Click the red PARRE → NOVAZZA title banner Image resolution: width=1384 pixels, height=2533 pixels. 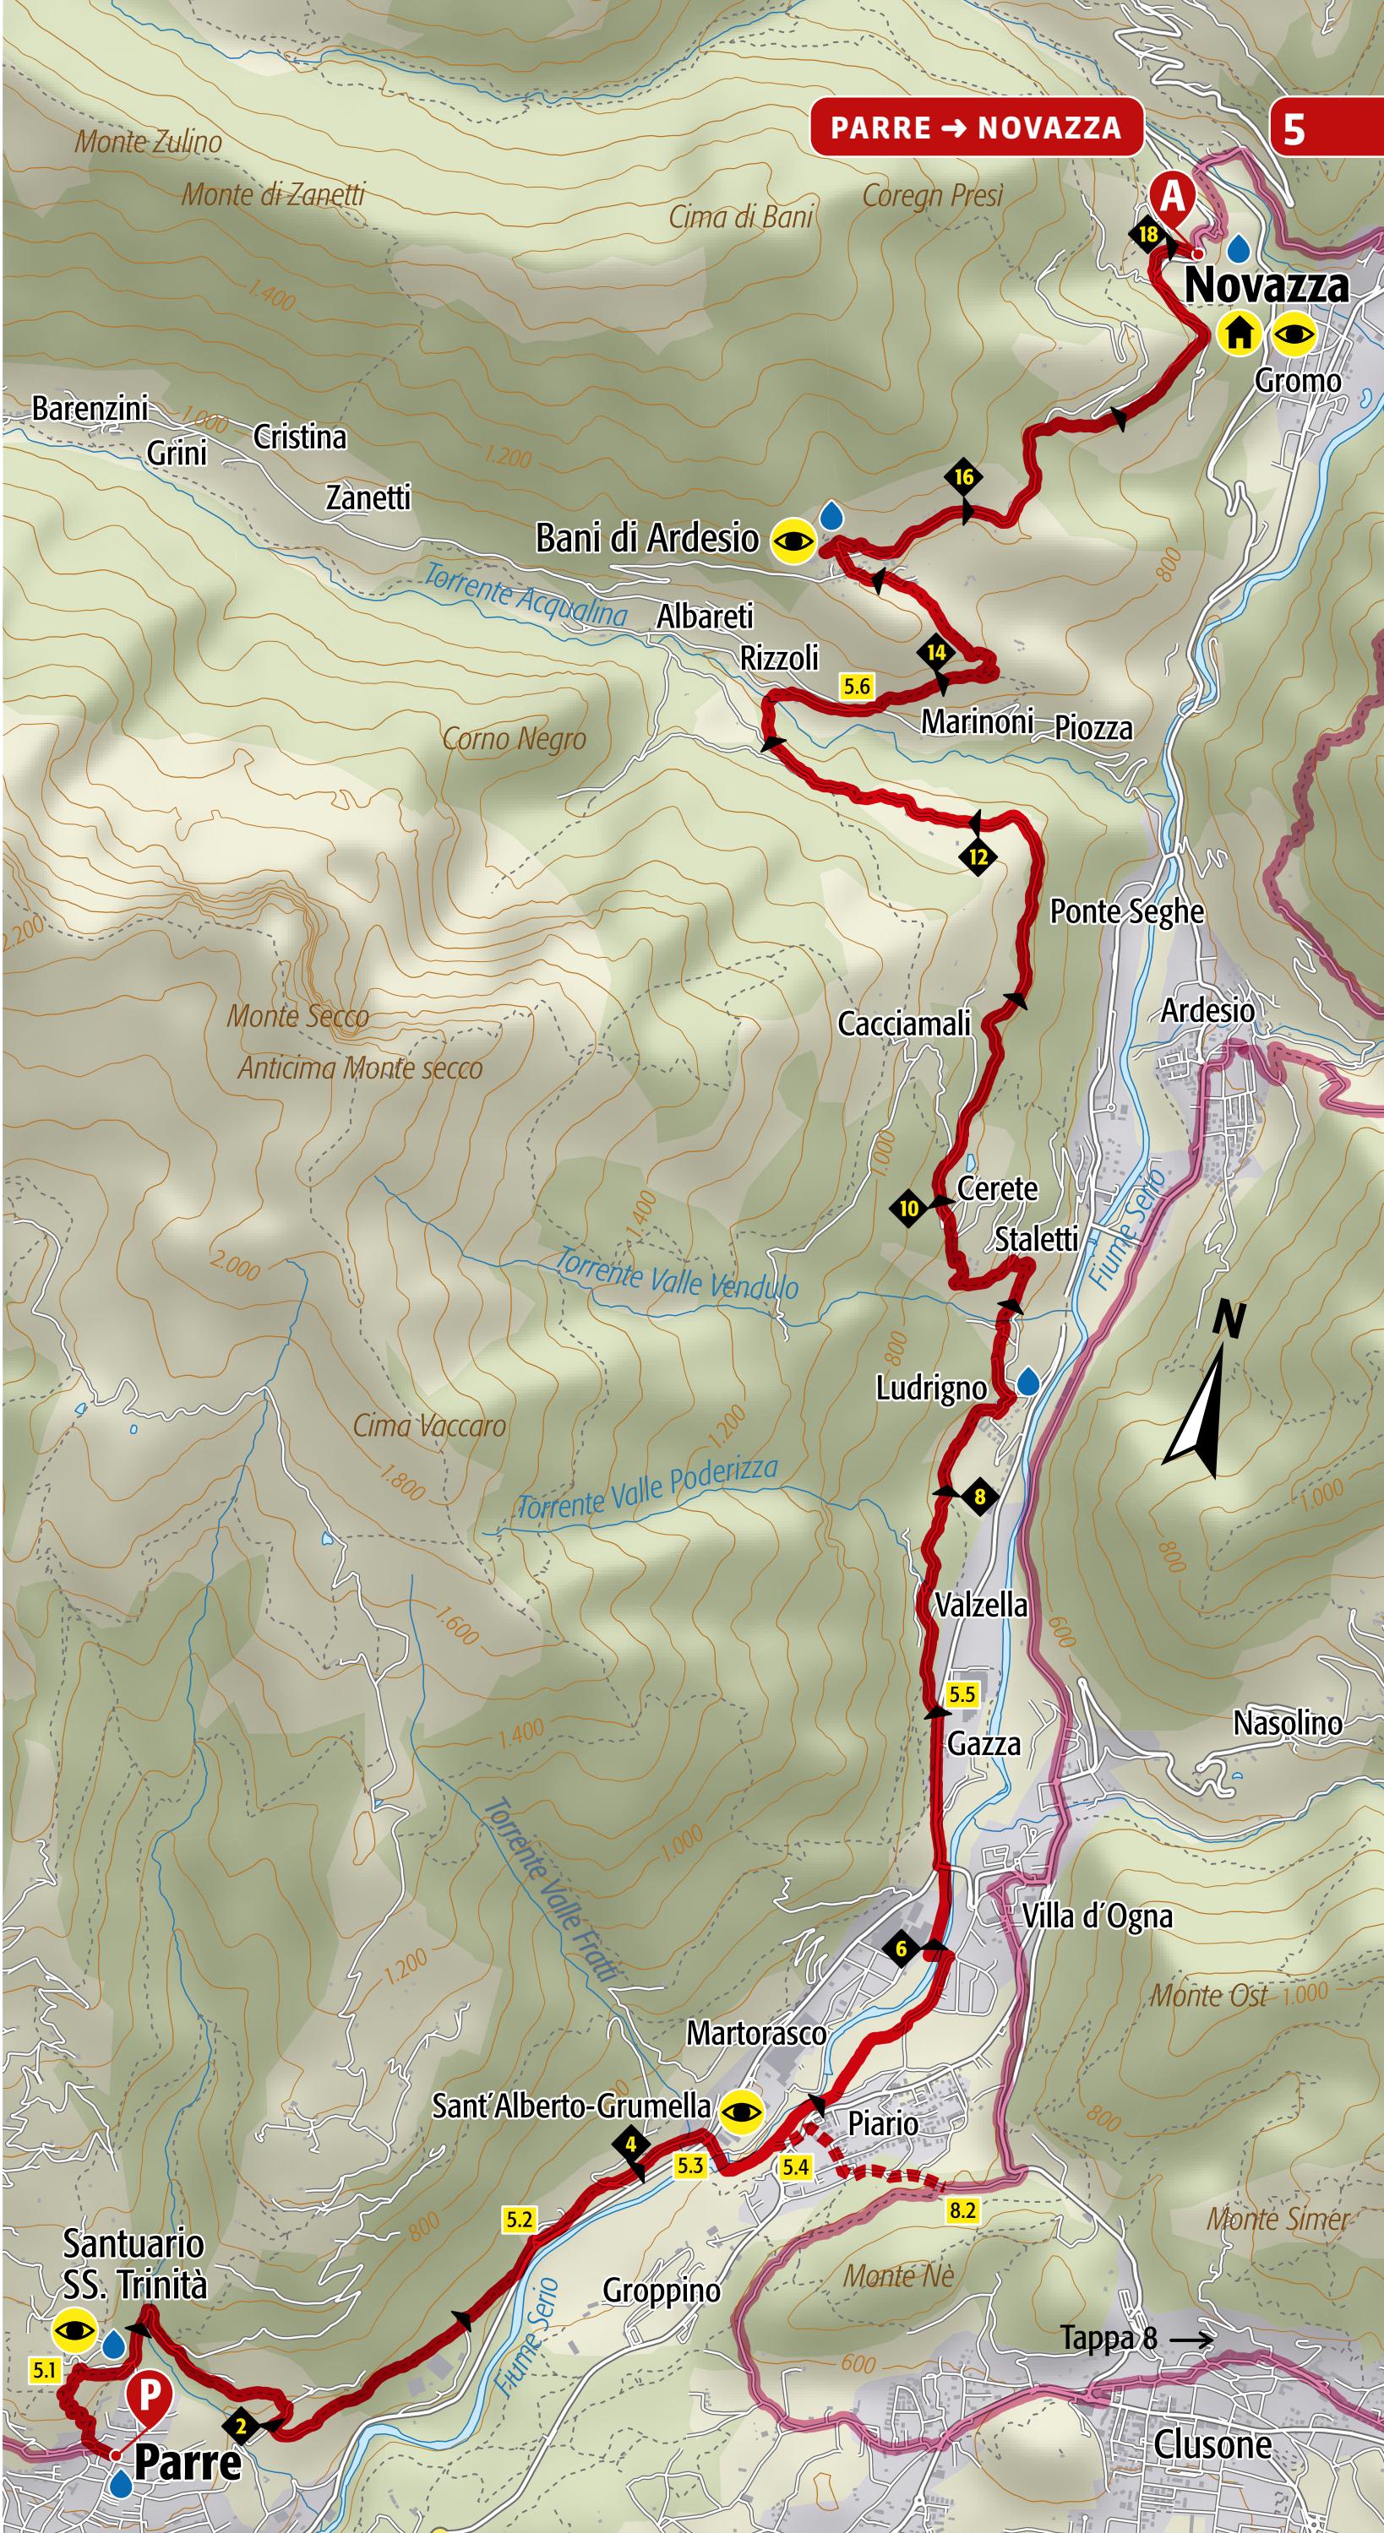[976, 128]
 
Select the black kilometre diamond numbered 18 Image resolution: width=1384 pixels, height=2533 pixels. [1147, 234]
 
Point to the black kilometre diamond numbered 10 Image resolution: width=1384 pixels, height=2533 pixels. [909, 1209]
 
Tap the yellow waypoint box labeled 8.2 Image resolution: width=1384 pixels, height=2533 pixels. [962, 2184]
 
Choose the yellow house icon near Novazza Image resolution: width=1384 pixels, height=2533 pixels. [1240, 334]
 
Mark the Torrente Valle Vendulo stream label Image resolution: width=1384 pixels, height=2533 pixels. [676, 1275]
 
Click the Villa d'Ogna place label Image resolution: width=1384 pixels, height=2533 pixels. [1097, 1916]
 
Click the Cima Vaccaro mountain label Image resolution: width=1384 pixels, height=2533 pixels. [429, 1427]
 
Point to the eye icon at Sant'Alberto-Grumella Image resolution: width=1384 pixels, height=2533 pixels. [743, 2110]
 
